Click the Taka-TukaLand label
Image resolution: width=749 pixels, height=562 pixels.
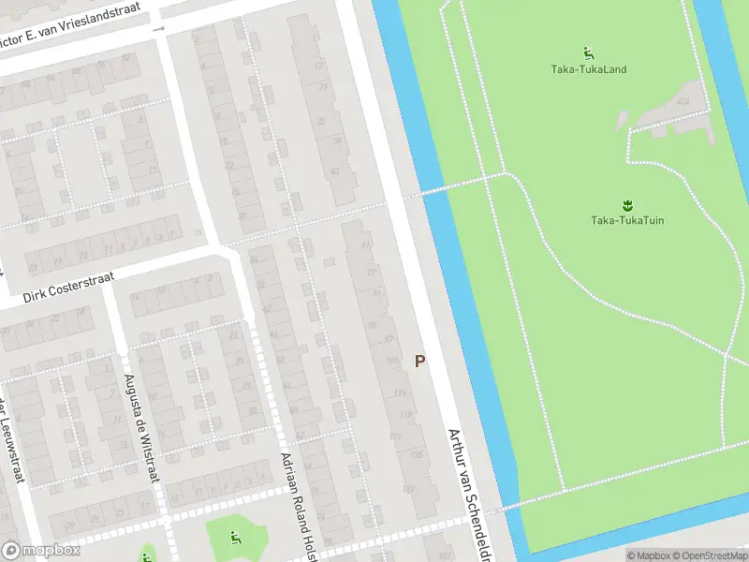588,69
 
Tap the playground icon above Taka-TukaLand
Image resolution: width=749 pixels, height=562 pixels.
588,52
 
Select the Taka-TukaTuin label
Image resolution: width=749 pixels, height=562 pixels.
627,221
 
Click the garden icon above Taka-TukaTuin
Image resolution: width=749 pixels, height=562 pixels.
626,203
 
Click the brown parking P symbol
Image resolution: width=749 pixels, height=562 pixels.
419,361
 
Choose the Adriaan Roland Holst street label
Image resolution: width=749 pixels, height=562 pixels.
297,502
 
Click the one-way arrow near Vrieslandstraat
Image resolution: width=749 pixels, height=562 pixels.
158,29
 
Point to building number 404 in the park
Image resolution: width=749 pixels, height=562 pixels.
684,101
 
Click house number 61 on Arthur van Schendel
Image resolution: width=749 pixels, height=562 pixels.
365,245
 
